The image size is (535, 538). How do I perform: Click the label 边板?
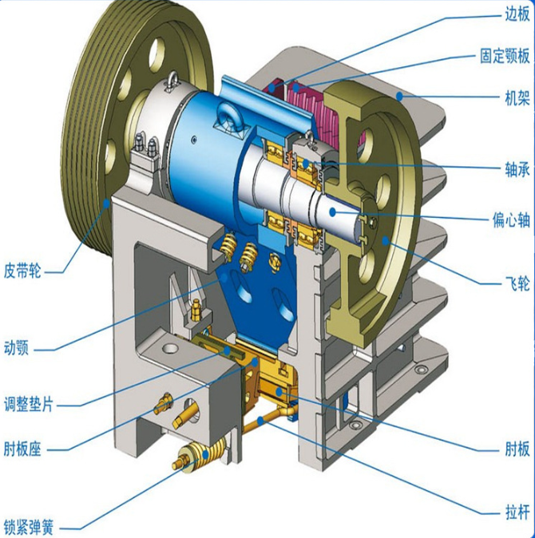coord(517,14)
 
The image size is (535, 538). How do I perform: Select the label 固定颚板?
coord(505,56)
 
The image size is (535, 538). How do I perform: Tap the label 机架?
coord(517,98)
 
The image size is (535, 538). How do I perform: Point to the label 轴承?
coord(517,169)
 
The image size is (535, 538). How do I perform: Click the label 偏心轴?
coord(511,220)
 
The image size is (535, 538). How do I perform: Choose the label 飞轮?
coord(517,284)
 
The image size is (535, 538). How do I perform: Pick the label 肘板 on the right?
coord(517,449)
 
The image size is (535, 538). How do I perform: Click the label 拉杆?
coord(517,513)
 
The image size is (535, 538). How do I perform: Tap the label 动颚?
coord(16,348)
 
